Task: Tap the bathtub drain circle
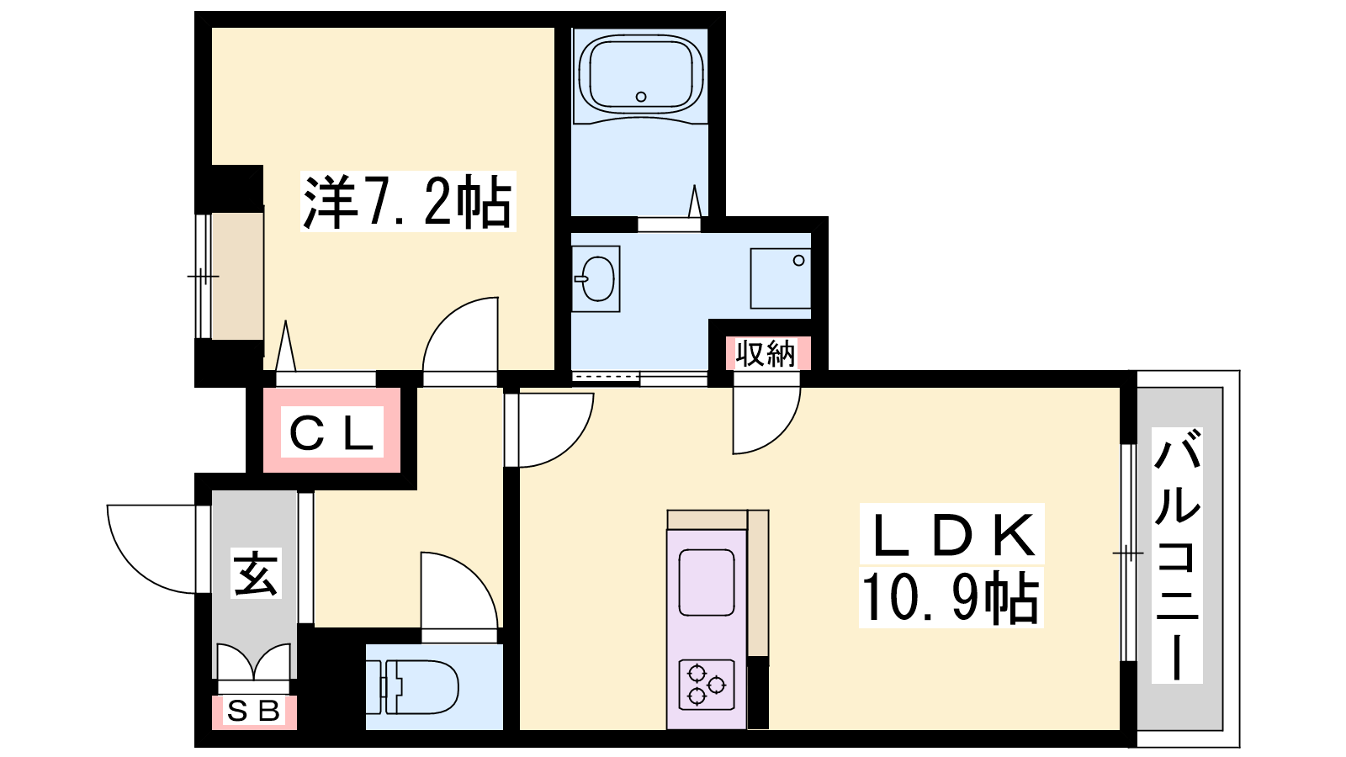coord(641,97)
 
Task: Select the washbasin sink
coord(596,278)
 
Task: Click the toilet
coord(413,687)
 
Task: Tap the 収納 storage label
coord(766,353)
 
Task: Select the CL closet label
coord(331,432)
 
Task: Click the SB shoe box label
coord(253,712)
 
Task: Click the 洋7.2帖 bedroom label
coord(407,201)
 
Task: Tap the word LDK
coord(952,535)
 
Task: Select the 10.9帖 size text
coord(951,597)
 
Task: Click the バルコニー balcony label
coord(1177,555)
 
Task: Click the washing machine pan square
coord(781,278)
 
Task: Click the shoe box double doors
coord(253,664)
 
